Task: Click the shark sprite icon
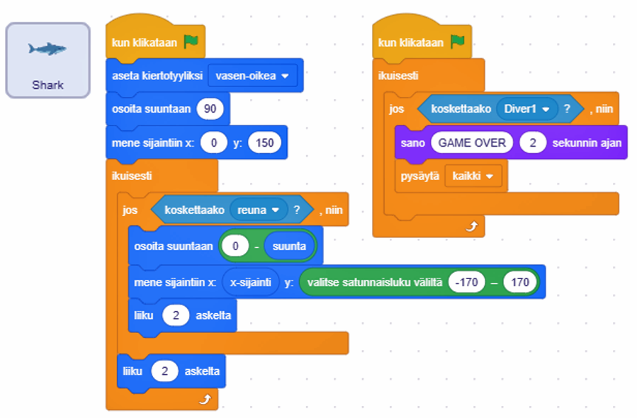pyautogui.click(x=47, y=49)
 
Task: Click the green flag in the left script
pyautogui.click(x=191, y=42)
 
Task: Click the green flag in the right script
pyautogui.click(x=457, y=42)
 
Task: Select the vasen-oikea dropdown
pyautogui.click(x=252, y=76)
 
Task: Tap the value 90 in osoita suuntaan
pyautogui.click(x=210, y=108)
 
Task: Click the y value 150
pyautogui.click(x=264, y=142)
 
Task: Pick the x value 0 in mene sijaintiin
pyautogui.click(x=213, y=142)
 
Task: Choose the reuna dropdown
pyautogui.click(x=258, y=210)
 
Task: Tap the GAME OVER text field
pyautogui.click(x=472, y=142)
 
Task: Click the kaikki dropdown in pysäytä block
pyautogui.click(x=473, y=176)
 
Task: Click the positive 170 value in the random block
pyautogui.click(x=519, y=282)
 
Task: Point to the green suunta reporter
pyautogui.click(x=289, y=247)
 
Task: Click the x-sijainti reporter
pyautogui.click(x=250, y=282)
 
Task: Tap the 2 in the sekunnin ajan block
pyautogui.click(x=532, y=142)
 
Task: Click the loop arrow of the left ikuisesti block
pyautogui.click(x=205, y=400)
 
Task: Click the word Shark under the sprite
pyautogui.click(x=47, y=85)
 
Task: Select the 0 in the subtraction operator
pyautogui.click(x=235, y=247)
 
